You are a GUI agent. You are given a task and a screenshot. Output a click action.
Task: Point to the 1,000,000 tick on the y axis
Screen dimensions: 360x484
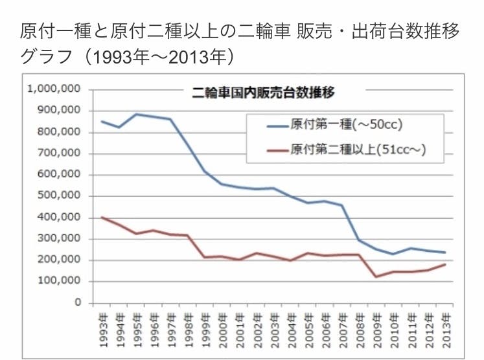coord(54,89)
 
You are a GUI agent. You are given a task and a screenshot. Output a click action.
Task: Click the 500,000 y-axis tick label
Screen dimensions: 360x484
coord(60,196)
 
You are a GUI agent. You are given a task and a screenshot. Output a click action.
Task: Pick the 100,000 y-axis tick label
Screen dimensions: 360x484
coord(60,281)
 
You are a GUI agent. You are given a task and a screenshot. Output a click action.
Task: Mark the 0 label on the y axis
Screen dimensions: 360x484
coord(78,302)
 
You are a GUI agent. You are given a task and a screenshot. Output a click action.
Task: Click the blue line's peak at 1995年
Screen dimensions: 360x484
coord(136,114)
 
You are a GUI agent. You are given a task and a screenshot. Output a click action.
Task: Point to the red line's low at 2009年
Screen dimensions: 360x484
coord(375,276)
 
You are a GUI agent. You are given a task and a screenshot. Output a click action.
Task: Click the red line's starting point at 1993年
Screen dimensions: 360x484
coord(102,217)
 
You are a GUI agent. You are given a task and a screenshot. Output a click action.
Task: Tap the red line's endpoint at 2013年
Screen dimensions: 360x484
coord(445,264)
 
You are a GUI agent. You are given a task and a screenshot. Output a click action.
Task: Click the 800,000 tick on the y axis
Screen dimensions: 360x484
coord(60,132)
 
